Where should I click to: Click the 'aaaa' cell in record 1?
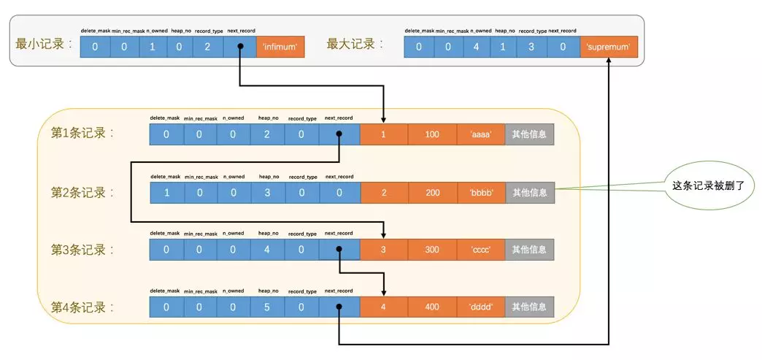tap(481, 134)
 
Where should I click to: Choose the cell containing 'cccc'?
tap(481, 250)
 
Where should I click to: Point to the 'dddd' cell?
tap(481, 307)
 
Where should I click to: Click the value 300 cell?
tap(432, 250)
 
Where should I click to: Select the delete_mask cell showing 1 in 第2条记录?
tap(166, 193)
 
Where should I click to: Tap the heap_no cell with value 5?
tap(266, 307)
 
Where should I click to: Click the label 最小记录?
tap(45, 44)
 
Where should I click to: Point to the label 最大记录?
tap(355, 44)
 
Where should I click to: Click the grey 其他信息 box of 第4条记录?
tap(529, 307)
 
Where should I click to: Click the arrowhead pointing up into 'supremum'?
tap(609, 64)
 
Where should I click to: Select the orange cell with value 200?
tap(432, 193)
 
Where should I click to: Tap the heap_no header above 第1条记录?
tap(268, 118)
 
